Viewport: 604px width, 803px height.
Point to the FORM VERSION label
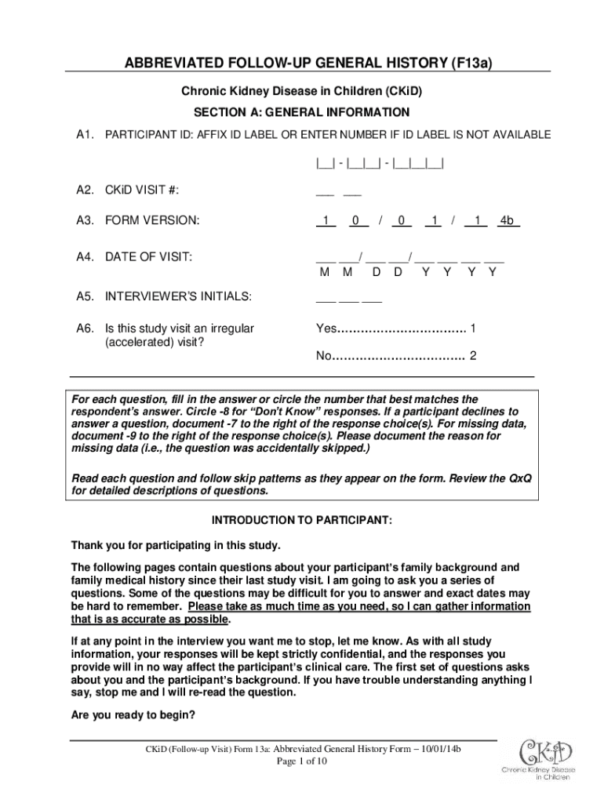click(152, 222)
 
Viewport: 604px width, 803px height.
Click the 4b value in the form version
click(508, 222)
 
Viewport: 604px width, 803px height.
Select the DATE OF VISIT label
click(149, 256)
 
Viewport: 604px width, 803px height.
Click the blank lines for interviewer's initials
click(348, 296)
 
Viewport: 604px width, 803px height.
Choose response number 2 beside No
click(473, 357)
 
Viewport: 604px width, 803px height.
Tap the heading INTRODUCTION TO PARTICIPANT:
click(302, 521)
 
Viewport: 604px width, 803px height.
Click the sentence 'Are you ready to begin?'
click(133, 715)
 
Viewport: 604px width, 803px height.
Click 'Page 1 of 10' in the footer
click(300, 761)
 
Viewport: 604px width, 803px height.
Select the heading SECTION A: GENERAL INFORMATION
click(302, 112)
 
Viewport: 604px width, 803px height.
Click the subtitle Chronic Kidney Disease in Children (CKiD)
click(302, 92)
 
